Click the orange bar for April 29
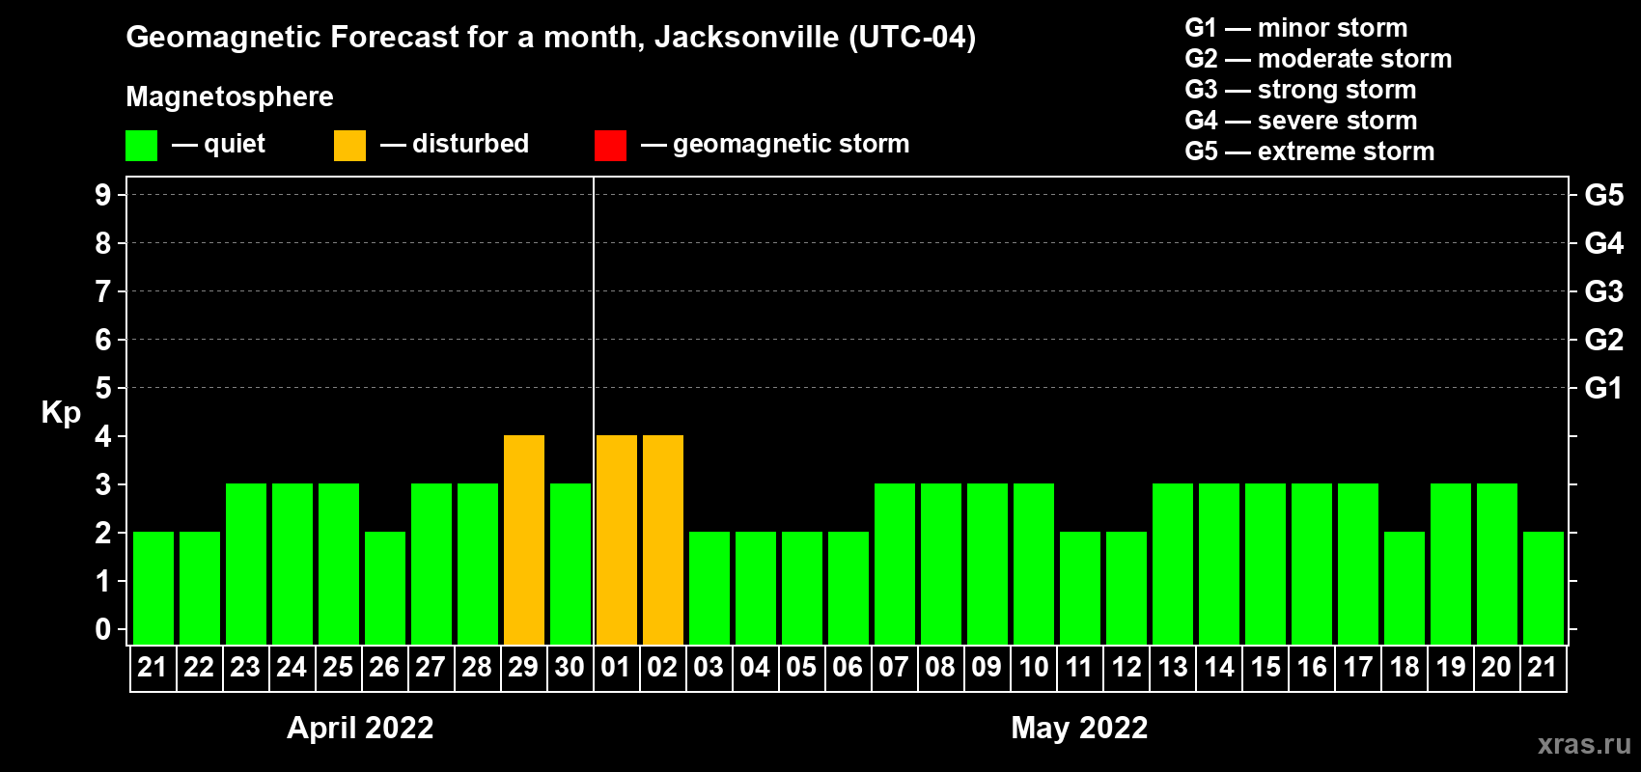coord(524,539)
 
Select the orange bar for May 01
coord(617,539)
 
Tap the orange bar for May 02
coord(663,539)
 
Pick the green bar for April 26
coord(385,588)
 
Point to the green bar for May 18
coord(1405,588)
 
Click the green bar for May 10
coord(1034,564)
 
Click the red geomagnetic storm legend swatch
coord(610,146)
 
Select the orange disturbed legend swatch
coord(349,146)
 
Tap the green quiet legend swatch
coord(141,146)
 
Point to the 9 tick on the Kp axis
coord(103,195)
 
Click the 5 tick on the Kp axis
coord(103,388)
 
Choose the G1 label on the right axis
coord(1603,388)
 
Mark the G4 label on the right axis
coord(1603,243)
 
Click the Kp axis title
coord(61,413)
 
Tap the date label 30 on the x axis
coord(570,667)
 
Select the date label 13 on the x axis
coord(1173,667)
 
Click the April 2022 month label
coord(360,728)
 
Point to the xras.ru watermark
coord(1584,744)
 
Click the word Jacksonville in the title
coord(746,38)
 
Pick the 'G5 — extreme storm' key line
coord(1309,152)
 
